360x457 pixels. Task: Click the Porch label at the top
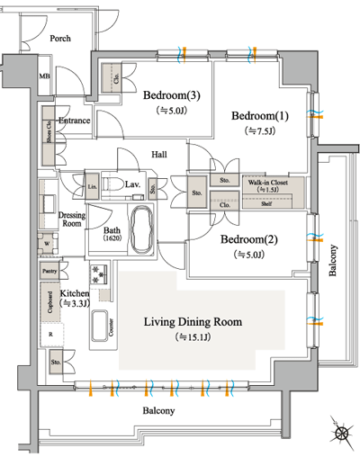coord(61,39)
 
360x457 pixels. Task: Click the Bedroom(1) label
coord(259,117)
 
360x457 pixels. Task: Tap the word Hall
coord(160,154)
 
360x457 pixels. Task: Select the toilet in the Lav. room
coord(113,184)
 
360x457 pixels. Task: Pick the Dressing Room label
coord(71,221)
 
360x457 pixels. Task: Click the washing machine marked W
coord(46,242)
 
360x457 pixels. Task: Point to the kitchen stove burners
coord(96,272)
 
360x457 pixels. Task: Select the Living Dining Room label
coord(194,321)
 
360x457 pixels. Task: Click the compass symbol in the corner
coord(342,434)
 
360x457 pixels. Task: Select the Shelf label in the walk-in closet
coord(267,203)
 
